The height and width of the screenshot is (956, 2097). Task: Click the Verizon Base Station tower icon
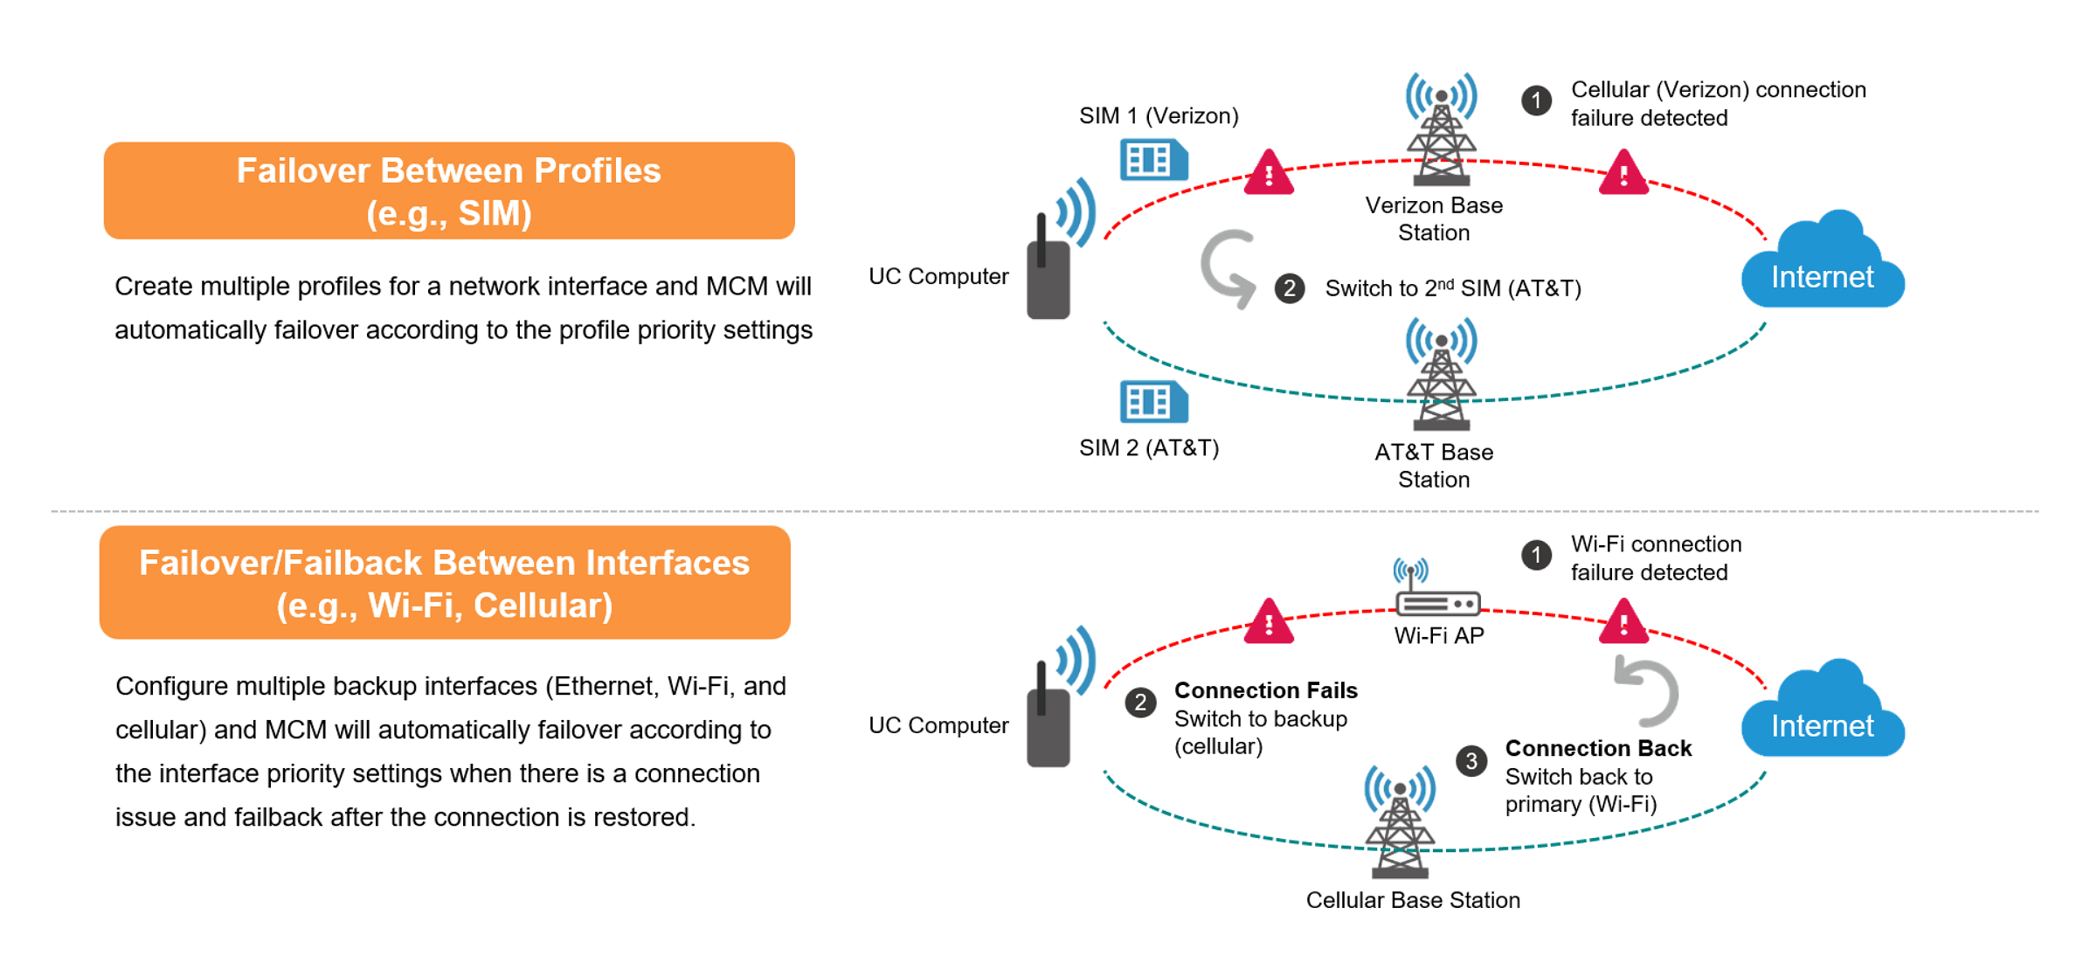[1441, 131]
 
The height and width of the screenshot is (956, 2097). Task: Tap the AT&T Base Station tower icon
[1441, 376]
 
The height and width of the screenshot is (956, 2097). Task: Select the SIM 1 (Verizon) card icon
[1153, 160]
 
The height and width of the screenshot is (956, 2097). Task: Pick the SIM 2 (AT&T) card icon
[1153, 402]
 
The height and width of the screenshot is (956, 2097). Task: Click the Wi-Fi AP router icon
[1437, 594]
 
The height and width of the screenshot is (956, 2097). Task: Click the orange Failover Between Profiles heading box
[449, 191]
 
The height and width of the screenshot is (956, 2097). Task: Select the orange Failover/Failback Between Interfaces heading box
[445, 582]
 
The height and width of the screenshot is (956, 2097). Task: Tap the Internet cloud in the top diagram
[1823, 267]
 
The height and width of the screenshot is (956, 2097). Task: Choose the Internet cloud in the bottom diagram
[1823, 715]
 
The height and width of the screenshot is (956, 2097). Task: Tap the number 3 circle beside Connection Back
[1471, 761]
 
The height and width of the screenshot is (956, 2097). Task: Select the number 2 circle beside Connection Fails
[1140, 703]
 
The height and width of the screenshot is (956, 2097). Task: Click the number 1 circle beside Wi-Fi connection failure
[1536, 555]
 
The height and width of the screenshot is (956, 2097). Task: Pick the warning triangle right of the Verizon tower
[1623, 173]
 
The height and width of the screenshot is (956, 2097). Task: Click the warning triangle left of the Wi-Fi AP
[1269, 622]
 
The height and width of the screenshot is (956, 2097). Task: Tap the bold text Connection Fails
[1265, 690]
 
